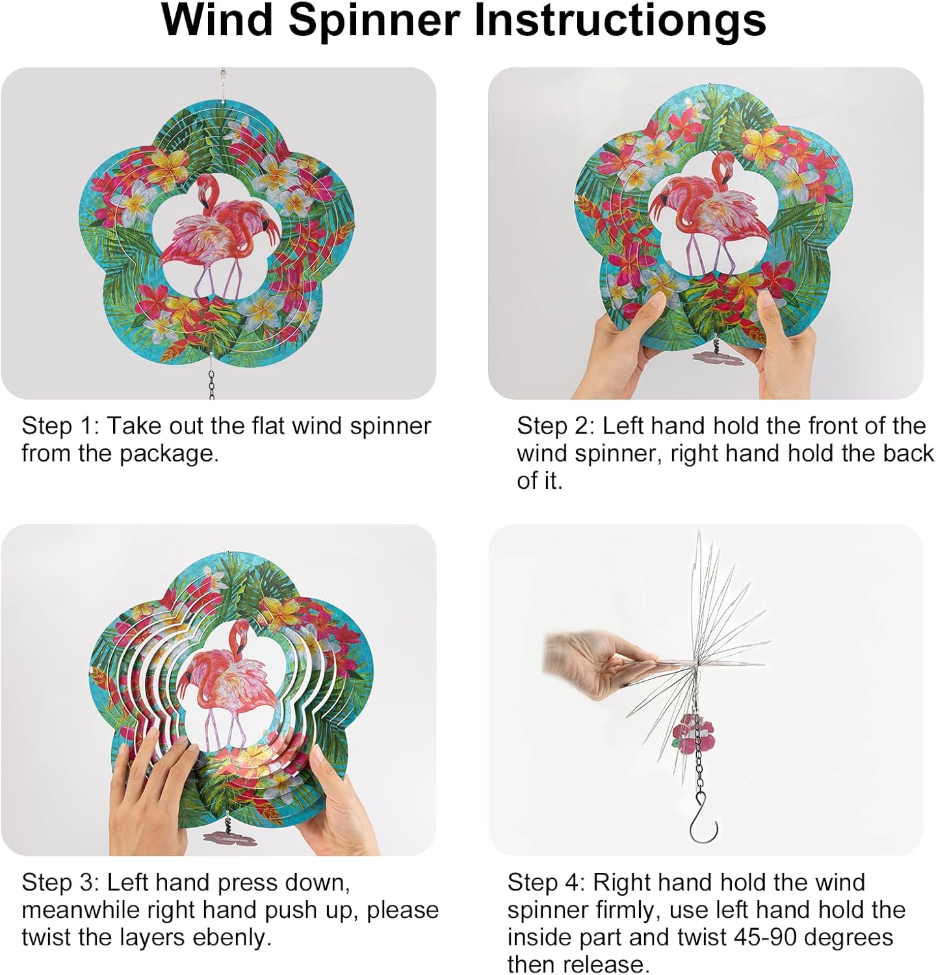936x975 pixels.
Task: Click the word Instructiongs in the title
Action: tap(620, 21)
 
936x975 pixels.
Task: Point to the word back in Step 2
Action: tap(908, 454)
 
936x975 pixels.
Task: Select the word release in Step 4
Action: tap(611, 964)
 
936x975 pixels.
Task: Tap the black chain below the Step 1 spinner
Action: tap(211, 383)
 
